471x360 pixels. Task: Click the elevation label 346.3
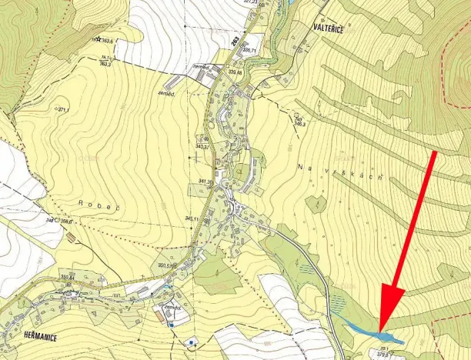tap(300, 123)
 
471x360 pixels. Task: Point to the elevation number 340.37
tap(202, 146)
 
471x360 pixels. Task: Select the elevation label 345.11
tap(192, 219)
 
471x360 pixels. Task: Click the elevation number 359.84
tap(67, 277)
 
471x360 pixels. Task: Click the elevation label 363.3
tap(105, 63)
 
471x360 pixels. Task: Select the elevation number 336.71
tap(248, 49)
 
